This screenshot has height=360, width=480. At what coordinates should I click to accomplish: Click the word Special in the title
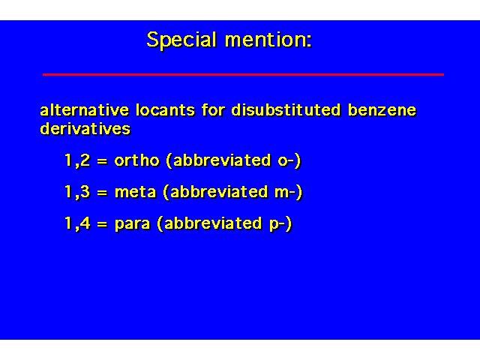tap(181, 40)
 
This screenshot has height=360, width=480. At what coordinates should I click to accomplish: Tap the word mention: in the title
tap(268, 40)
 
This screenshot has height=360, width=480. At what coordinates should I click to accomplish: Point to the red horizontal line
tap(243, 74)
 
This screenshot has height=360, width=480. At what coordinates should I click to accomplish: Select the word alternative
tap(85, 110)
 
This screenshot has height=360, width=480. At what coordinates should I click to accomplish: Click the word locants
tap(165, 110)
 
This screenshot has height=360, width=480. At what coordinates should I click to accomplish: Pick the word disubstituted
tap(286, 110)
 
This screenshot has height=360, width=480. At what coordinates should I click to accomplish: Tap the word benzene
tap(382, 110)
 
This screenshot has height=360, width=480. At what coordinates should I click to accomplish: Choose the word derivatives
tap(85, 129)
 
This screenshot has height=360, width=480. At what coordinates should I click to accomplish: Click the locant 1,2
tap(78, 160)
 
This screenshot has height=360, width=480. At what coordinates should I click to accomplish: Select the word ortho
tap(137, 160)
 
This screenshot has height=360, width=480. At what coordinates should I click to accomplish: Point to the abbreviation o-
tap(286, 161)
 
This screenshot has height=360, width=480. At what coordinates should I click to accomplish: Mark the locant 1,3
tap(78, 192)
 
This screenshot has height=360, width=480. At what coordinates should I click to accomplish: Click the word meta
tap(136, 192)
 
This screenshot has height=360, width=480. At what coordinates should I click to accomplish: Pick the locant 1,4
tap(78, 223)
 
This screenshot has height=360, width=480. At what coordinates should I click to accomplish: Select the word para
tap(133, 224)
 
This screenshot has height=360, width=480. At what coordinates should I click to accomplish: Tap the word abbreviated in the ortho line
tap(222, 160)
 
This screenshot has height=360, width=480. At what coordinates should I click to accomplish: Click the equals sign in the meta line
tap(103, 193)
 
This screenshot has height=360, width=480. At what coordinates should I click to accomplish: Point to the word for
tap(213, 110)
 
